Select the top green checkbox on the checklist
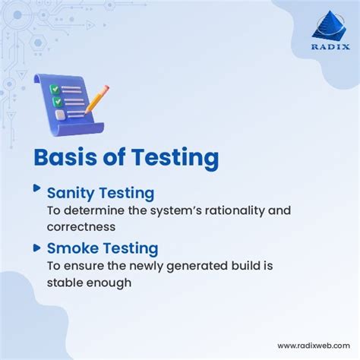pyautogui.click(x=55, y=88)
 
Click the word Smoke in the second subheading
pyautogui.click(x=72, y=248)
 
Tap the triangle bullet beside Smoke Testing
pyautogui.click(x=36, y=245)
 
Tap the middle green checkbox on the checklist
pyautogui.click(x=55, y=101)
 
